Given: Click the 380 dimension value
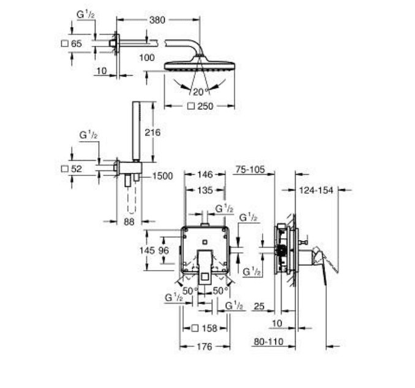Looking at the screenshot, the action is point(157,20).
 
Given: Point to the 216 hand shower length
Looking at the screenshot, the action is point(152,133).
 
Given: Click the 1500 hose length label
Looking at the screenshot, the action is point(162,176).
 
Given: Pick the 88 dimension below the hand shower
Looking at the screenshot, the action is point(129,222).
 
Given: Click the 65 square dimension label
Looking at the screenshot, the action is point(77,43).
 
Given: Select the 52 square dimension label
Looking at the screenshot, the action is point(77,169).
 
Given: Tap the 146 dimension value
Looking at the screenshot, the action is point(205,174).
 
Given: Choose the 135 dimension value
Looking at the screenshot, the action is point(205,190).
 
